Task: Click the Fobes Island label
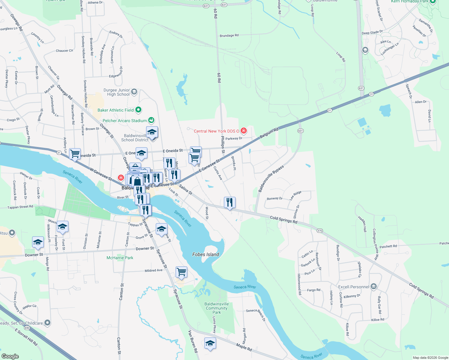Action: (x=206, y=254)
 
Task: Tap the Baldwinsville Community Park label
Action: (x=216, y=308)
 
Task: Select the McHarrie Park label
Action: (x=120, y=258)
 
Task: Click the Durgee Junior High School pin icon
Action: (x=134, y=92)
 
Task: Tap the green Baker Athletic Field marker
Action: (x=138, y=110)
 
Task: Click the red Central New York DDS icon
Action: (x=244, y=130)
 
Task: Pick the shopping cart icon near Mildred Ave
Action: (x=181, y=272)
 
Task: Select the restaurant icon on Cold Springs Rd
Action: (x=230, y=202)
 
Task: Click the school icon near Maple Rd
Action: (x=210, y=343)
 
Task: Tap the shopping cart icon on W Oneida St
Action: (x=75, y=154)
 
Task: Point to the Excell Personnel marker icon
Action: (x=373, y=286)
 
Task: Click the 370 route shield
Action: (x=319, y=230)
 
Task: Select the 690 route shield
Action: (x=27, y=328)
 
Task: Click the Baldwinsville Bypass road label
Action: (x=271, y=179)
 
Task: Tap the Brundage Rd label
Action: (x=229, y=35)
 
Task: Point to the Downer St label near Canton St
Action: (x=145, y=248)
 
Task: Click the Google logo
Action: (x=10, y=356)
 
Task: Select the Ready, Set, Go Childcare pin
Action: (x=47, y=323)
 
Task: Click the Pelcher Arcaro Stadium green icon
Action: (x=151, y=120)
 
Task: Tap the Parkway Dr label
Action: (x=234, y=138)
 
